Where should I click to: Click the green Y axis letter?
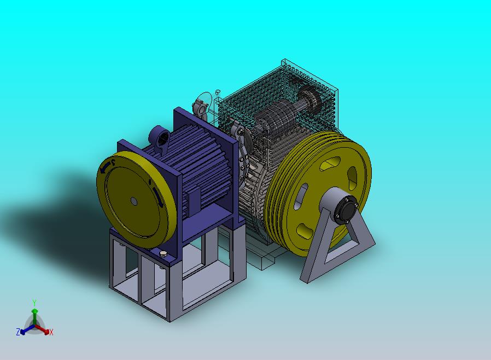[x=34, y=303]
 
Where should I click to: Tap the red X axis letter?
[x=51, y=332]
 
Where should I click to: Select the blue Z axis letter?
[x=18, y=332]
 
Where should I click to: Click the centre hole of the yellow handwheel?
[x=134, y=201]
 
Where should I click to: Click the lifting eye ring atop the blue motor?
[x=160, y=137]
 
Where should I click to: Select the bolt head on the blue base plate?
[x=163, y=253]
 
